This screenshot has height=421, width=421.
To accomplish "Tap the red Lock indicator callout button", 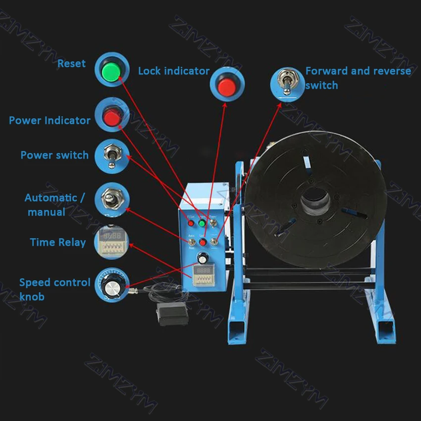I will pos(227,86).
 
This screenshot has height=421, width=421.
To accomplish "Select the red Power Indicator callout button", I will pos(111,117).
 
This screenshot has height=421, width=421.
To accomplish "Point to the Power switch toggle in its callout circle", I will pos(111,156).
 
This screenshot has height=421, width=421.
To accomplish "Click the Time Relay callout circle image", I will pos(111,241).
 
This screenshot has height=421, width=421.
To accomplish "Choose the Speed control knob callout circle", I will pos(111,285).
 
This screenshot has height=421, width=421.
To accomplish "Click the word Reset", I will pos(71,63).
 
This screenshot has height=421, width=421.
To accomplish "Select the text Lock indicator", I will pos(173,71).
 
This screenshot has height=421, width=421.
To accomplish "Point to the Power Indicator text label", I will pos(50,120).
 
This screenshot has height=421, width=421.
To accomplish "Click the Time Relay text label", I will pos(57,242).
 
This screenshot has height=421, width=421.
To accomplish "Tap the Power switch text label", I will pos(54,155).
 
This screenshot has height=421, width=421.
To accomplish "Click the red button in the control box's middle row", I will pos(203,242).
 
